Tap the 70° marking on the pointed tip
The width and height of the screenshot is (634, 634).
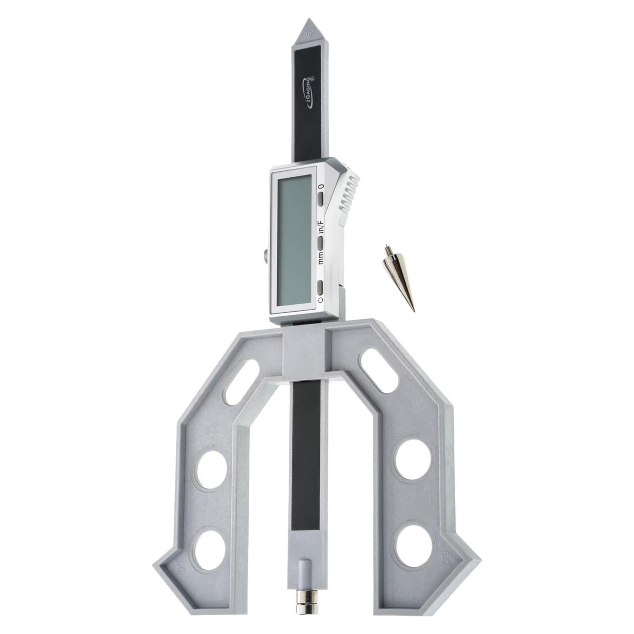click(308, 35)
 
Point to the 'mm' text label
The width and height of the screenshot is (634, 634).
click(320, 256)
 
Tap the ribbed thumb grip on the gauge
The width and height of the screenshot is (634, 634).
click(347, 192)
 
